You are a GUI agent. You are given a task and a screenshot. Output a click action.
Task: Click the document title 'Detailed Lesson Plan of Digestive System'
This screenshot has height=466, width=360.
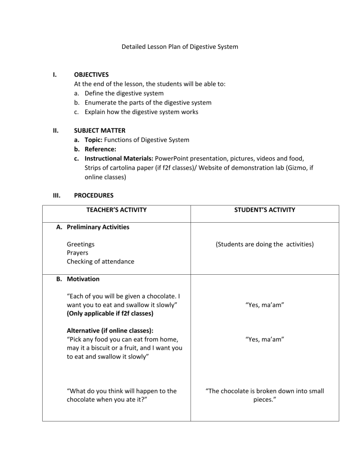tap(180, 47)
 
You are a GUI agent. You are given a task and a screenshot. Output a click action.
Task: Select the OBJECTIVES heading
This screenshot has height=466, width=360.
tap(91, 74)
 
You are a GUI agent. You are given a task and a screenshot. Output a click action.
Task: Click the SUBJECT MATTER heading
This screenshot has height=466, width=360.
tap(100, 130)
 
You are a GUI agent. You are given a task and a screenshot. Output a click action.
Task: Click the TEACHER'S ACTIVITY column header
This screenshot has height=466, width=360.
tap(116, 210)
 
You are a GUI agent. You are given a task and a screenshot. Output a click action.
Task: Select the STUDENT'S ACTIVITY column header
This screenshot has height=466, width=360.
tap(265, 210)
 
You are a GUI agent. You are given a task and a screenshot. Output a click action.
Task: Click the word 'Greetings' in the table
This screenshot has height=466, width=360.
tap(80, 244)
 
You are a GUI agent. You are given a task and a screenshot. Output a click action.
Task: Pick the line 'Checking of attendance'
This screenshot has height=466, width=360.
tap(100, 262)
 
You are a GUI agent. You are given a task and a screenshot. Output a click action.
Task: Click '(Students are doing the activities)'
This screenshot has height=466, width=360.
tap(265, 244)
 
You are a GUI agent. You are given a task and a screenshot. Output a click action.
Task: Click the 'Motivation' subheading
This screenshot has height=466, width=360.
tap(83, 278)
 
